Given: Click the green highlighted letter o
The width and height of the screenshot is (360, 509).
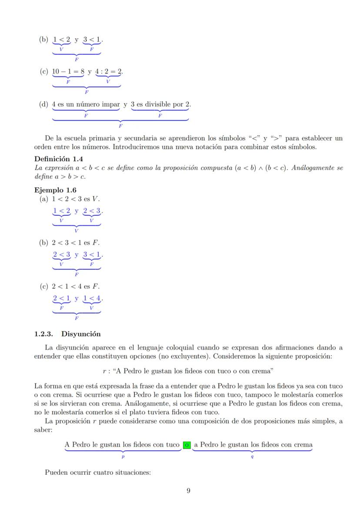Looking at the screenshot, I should pos(187,445).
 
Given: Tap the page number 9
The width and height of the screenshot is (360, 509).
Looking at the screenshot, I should pos(188,491).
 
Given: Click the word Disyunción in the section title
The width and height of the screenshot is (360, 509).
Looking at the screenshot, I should pos(81,334).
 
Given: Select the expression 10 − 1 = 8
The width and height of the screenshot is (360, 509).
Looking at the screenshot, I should pos(68,72).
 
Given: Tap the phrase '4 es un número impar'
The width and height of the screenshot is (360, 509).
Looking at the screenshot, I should pos(86,105).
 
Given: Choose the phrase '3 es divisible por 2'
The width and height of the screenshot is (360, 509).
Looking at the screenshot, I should pos(160,105).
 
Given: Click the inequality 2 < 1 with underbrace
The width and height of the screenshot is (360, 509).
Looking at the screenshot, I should pos(61,299).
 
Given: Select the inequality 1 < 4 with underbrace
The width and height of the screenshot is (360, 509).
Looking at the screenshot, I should pos(92,299).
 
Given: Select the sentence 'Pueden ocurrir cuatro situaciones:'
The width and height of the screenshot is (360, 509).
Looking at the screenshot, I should pos(98,472).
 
